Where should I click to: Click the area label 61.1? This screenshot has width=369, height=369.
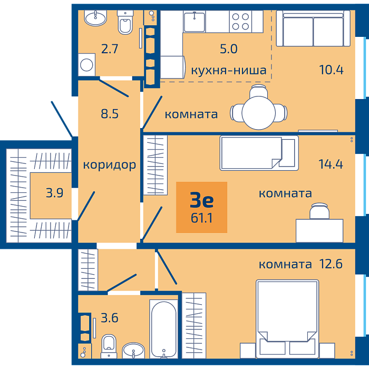202,218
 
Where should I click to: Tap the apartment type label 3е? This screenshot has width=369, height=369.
202,200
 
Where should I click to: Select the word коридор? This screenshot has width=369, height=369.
110,165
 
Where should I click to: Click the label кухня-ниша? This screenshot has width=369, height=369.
228,70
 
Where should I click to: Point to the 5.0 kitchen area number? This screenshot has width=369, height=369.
228,49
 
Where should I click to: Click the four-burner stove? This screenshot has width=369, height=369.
240,21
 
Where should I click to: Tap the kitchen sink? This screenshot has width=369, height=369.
194,22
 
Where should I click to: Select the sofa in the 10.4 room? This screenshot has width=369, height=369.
313,28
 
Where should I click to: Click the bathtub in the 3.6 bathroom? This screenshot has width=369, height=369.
163,329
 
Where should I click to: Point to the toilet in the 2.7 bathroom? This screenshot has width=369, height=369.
125,23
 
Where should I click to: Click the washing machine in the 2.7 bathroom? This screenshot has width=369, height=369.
86,65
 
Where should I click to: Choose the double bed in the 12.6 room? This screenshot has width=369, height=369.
287,319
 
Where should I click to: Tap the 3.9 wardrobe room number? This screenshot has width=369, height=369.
55,193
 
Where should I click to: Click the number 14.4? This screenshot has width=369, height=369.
331,164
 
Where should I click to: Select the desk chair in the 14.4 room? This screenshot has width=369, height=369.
319,211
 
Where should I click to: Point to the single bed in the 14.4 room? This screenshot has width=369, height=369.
259,153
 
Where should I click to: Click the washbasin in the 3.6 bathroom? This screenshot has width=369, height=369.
133,351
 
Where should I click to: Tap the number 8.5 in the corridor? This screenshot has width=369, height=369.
110,114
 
